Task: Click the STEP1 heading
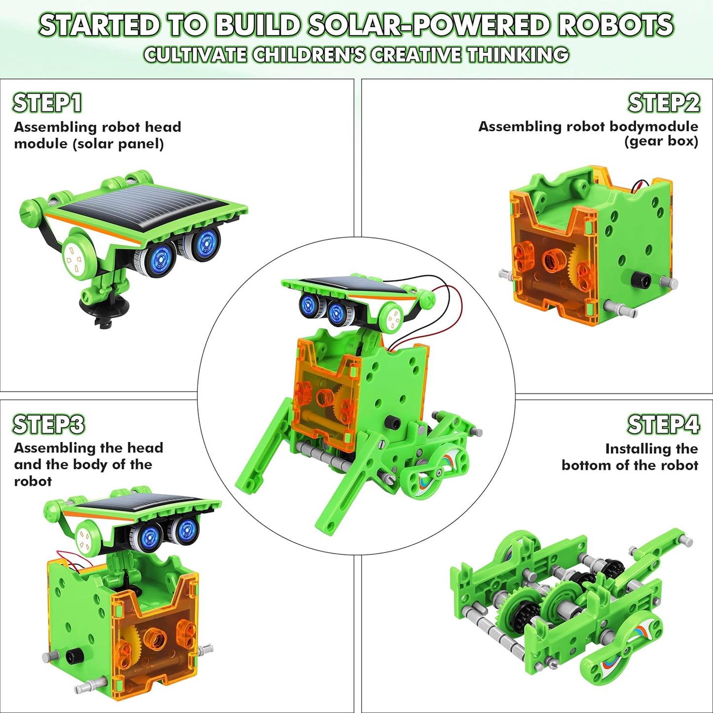(x=47, y=103)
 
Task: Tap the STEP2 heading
(x=664, y=103)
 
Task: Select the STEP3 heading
(x=48, y=424)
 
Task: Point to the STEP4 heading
(x=663, y=424)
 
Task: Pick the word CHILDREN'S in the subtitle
(x=309, y=55)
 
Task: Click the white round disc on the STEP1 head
(x=78, y=257)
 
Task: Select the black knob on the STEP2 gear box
(x=640, y=281)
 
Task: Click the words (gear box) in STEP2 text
(x=661, y=142)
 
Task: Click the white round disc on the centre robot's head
(x=393, y=317)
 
